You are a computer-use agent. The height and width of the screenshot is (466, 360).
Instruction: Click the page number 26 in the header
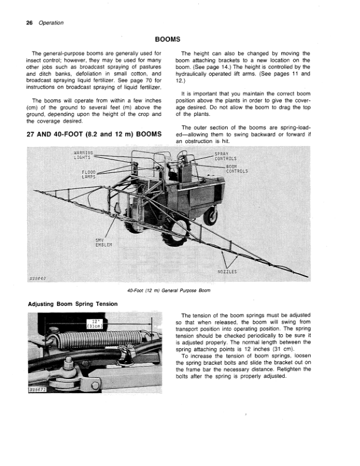[x=29, y=23]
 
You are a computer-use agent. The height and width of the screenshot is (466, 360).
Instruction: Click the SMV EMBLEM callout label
[x=103, y=242]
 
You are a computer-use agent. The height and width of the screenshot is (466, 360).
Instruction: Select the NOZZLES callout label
[x=227, y=272]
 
